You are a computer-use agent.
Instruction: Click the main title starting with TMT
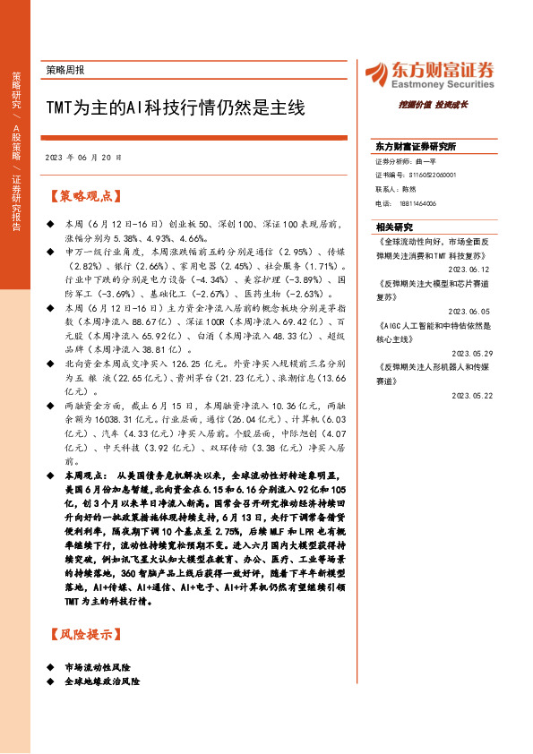pos(175,109)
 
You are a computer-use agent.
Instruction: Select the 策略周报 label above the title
pos(71,69)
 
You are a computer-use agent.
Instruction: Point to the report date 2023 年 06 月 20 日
pos(82,157)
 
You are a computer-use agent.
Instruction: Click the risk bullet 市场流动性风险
pos(98,667)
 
